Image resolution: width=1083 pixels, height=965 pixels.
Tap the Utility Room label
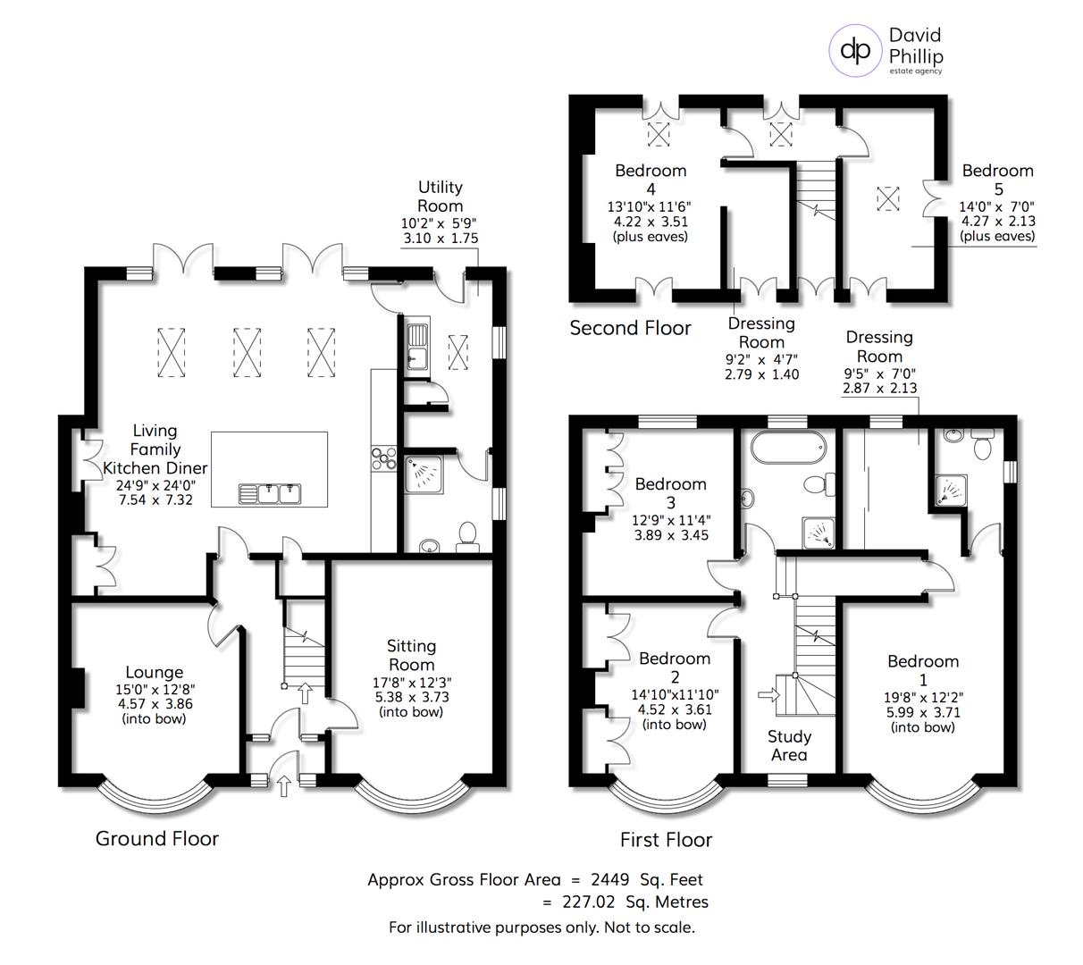coord(441,197)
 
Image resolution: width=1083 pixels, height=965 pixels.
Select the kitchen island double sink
coord(269,492)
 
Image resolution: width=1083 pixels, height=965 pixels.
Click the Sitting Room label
coord(411,654)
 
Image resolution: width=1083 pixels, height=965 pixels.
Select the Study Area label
coord(789,745)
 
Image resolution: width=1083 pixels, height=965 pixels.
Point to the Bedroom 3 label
coord(670,492)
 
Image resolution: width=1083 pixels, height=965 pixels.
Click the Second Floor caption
coord(630,328)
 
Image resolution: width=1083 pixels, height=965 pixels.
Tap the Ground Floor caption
coord(156,838)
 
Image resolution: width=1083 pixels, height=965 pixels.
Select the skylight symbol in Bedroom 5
coord(887,197)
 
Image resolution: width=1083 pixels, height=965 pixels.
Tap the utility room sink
coord(417,348)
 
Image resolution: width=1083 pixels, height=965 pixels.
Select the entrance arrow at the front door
coord(284,785)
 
